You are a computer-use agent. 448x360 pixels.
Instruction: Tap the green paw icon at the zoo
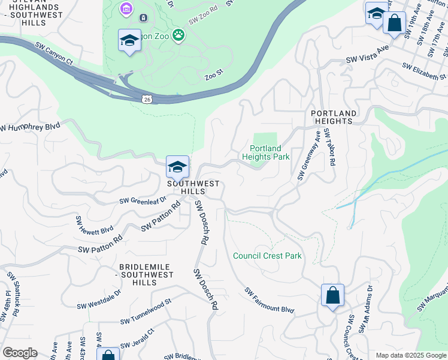178,35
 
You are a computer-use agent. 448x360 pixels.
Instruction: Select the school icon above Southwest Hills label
177,166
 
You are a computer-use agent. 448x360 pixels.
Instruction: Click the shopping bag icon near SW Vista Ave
394,23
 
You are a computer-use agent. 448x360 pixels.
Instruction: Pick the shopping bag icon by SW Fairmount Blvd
332,295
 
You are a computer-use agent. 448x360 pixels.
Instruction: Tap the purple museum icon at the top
126,8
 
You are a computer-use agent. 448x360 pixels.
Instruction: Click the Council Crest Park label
267,256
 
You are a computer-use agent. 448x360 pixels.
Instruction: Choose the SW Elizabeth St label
425,71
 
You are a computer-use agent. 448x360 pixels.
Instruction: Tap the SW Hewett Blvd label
93,224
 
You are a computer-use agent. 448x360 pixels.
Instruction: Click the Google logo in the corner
19,353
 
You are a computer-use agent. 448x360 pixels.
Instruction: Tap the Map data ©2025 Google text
410,355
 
